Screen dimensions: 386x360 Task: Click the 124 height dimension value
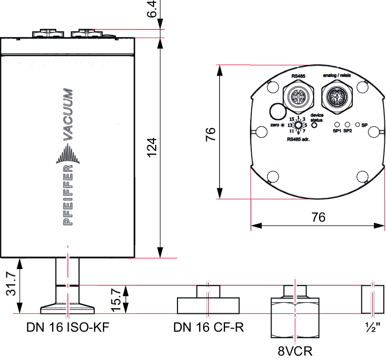pos(152,147)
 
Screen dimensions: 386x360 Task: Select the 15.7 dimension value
pos(116,300)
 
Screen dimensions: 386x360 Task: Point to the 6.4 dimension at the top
pos(152,9)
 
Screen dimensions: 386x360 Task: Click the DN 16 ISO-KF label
pos(68,327)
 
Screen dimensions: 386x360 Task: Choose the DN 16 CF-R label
pos(209,327)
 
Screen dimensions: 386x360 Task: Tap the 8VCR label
pos(295,351)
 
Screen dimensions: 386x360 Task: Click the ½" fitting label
pos(372,327)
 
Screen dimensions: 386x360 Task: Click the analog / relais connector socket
pos(336,96)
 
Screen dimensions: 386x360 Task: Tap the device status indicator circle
pos(314,125)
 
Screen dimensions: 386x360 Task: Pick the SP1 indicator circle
pos(338,125)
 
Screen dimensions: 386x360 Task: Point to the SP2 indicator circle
pos(347,125)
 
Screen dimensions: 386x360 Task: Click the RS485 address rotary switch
pos(298,125)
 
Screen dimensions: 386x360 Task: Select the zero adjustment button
pos(283,125)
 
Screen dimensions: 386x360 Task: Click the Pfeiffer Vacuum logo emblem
pos(68,154)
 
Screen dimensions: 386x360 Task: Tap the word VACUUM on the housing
pos(68,114)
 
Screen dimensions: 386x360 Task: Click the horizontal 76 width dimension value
pos(318,217)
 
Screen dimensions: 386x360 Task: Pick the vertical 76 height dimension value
pos(211,134)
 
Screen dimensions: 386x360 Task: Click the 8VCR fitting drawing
pos(295,312)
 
